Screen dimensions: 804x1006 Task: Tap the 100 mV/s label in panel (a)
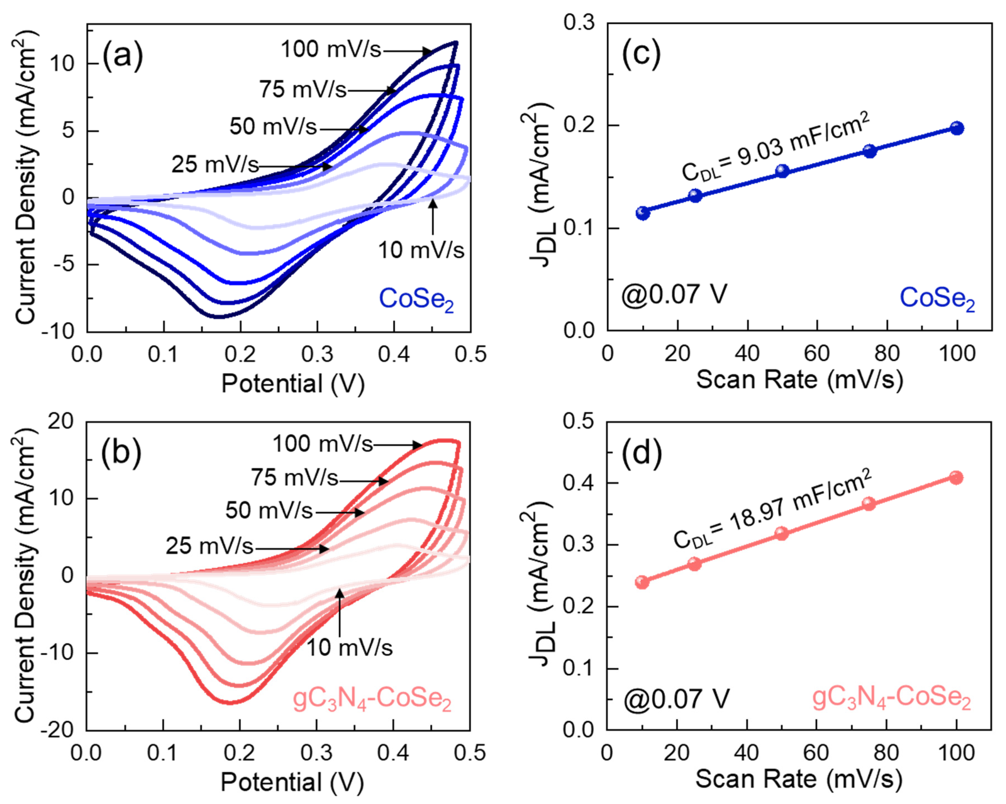tap(331, 49)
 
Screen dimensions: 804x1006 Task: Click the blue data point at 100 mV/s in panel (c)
tap(957, 128)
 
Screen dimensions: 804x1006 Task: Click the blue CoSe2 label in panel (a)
tap(416, 299)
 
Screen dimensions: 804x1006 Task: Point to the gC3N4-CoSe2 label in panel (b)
tap(372, 699)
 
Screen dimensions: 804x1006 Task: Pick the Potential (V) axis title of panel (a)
tap(293, 384)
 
